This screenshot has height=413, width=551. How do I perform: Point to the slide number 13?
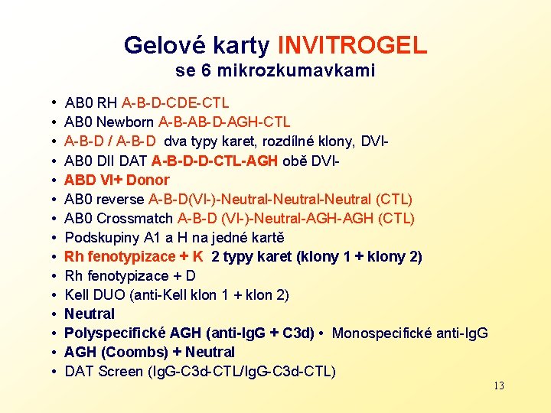[x=498, y=385]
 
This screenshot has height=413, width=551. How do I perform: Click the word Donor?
[x=147, y=180]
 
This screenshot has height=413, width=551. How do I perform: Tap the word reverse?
[x=122, y=199]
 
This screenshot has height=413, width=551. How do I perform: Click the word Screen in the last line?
[x=120, y=372]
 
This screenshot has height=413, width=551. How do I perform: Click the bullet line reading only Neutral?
[x=90, y=314]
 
